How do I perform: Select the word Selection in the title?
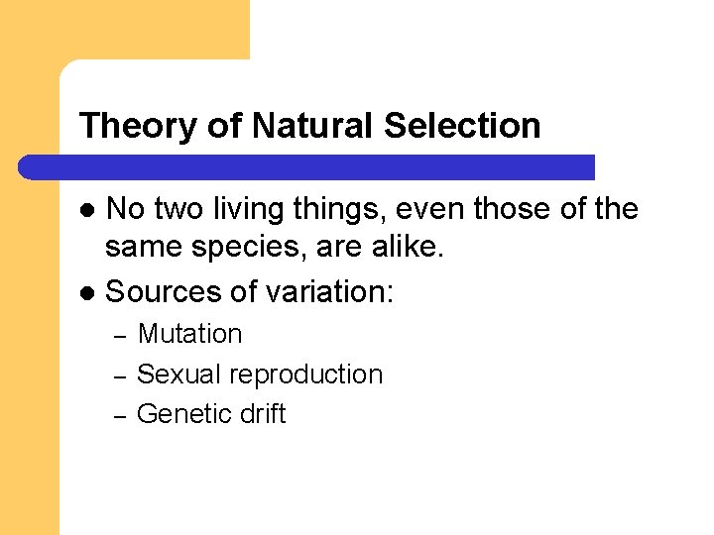pos(462,126)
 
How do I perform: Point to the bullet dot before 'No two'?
pos(87,210)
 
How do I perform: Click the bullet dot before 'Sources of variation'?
pos(87,293)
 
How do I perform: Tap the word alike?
pos(409,248)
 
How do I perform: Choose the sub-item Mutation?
pos(189,335)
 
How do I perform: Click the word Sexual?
pos(178,374)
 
